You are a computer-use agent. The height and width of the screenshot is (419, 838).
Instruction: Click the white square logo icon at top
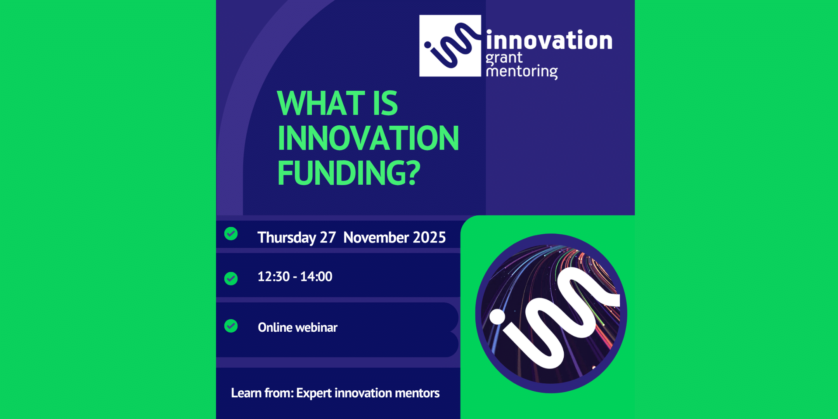450,46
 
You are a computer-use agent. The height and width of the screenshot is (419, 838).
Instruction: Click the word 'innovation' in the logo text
549,40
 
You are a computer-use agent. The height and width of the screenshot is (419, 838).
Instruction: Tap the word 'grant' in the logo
504,58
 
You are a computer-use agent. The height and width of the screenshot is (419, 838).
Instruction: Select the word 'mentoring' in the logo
522,72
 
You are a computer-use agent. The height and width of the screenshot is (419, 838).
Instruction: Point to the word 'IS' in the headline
385,103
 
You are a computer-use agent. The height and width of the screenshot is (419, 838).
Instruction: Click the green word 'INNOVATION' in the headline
368,138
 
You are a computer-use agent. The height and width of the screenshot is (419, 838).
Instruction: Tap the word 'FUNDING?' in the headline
349,173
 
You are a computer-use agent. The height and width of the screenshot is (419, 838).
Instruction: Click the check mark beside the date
231,234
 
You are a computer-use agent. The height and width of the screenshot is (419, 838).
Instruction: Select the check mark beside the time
231,278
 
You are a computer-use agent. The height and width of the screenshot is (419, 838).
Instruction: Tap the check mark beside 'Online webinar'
231,326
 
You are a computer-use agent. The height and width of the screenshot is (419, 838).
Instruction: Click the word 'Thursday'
287,237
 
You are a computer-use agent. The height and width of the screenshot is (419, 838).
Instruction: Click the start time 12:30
274,277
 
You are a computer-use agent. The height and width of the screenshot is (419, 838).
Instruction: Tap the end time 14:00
316,277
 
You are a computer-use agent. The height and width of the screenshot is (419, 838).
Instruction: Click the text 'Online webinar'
298,327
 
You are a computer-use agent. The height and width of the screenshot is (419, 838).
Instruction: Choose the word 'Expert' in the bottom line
314,393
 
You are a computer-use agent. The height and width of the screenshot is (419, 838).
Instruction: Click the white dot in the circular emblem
497,317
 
